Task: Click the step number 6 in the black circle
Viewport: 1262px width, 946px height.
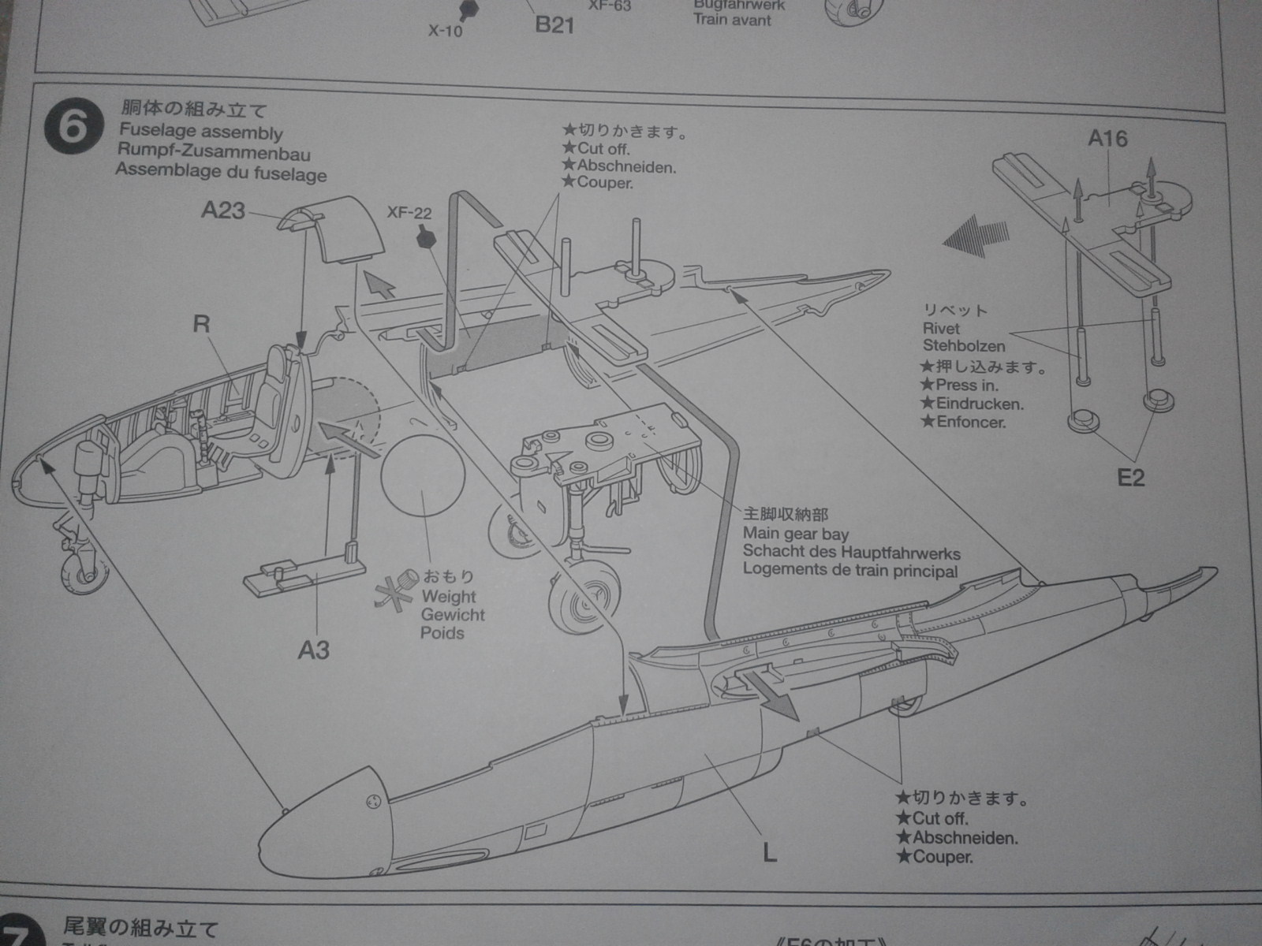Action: [x=73, y=126]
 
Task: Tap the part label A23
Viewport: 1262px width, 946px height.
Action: [x=223, y=210]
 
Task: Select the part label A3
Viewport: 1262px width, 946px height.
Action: [x=313, y=650]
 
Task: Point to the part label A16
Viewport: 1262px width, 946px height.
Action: [x=1107, y=139]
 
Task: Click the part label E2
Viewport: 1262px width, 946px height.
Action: [x=1130, y=478]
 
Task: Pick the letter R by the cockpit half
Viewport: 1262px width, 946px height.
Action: [x=202, y=323]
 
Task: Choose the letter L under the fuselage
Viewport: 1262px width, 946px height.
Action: [x=769, y=852]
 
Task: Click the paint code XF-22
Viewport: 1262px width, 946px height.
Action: [x=409, y=212]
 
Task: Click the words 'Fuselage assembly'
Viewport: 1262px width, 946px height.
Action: [x=200, y=132]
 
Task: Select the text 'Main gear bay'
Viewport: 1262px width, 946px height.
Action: [x=795, y=534]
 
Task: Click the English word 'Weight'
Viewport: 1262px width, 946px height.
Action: [x=449, y=597]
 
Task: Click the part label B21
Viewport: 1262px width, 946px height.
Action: [x=554, y=25]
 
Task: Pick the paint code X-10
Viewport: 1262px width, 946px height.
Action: [x=446, y=32]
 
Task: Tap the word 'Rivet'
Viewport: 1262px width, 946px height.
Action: [x=941, y=328]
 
